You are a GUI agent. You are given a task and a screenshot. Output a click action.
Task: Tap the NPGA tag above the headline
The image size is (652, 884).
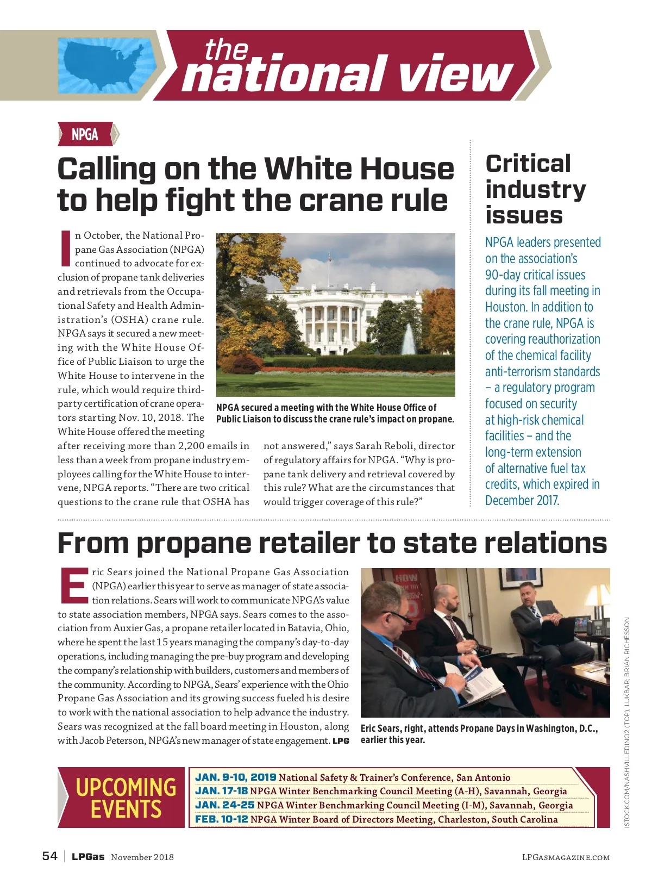click(x=85, y=134)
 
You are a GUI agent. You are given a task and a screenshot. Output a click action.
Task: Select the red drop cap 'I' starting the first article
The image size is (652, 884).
click(x=65, y=249)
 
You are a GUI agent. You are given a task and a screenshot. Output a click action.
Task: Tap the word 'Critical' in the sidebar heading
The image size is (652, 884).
click(x=528, y=164)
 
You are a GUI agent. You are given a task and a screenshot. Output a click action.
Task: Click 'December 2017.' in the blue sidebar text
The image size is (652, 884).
click(x=522, y=500)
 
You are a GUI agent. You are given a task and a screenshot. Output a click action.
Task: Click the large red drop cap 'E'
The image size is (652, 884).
click(x=74, y=586)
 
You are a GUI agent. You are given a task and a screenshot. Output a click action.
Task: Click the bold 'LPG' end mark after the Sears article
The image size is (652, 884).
click(x=341, y=741)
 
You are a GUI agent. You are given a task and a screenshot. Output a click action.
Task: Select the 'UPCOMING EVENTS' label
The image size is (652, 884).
click(x=126, y=798)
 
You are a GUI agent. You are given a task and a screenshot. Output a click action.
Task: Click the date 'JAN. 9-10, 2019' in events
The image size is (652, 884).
click(x=235, y=777)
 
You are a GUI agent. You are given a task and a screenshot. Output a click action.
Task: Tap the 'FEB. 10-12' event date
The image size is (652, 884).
click(x=221, y=819)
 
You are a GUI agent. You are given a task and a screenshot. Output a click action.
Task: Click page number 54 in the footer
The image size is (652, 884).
click(x=49, y=856)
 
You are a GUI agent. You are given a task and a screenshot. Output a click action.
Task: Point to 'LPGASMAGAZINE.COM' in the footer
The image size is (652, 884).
click(x=566, y=857)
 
